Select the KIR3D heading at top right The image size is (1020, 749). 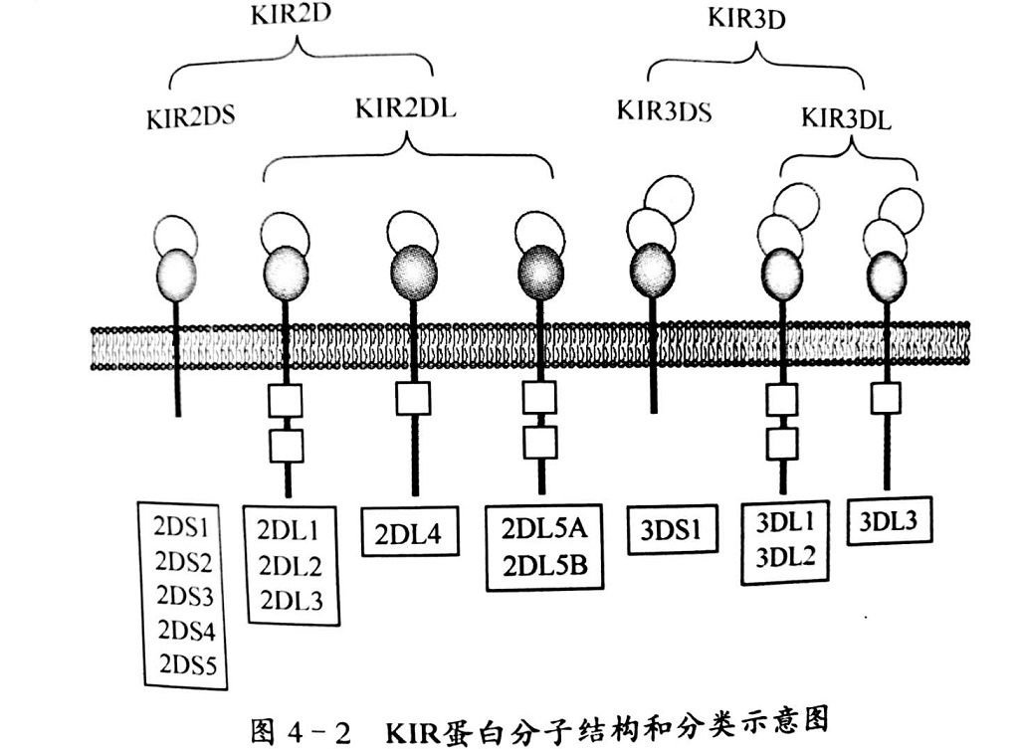click(x=746, y=18)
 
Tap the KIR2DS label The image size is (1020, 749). click(x=191, y=118)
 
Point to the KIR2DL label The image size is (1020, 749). click(x=405, y=108)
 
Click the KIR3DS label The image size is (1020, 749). click(x=664, y=111)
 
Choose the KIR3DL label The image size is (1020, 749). click(x=846, y=118)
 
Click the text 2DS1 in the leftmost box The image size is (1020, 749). click(x=182, y=527)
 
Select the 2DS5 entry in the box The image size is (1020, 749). click(x=188, y=665)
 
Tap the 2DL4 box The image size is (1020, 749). click(x=410, y=531)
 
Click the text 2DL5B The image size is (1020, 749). click(x=545, y=566)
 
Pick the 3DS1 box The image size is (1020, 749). click(x=673, y=530)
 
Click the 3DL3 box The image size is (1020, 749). click(x=889, y=521)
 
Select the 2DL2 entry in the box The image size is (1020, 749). click(x=291, y=566)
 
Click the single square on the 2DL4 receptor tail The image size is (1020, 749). click(x=413, y=399)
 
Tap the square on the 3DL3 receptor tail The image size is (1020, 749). click(x=886, y=399)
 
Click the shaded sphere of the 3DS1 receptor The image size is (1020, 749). click(x=653, y=269)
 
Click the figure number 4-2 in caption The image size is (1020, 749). click(x=318, y=733)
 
